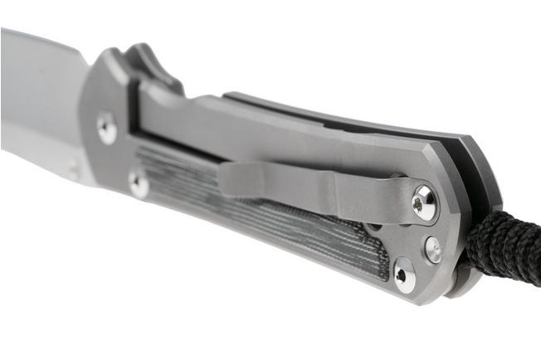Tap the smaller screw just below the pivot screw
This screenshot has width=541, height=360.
pyautogui.click(x=139, y=183)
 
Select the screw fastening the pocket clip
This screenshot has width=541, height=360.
pyautogui.click(x=423, y=202)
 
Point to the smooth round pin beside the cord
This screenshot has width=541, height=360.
pyautogui.click(x=433, y=249)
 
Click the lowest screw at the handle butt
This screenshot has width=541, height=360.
pyautogui.click(x=405, y=275)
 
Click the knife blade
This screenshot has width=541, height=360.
pyautogui.click(x=41, y=91)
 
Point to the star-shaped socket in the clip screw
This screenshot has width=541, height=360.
pyautogui.click(x=423, y=202)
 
